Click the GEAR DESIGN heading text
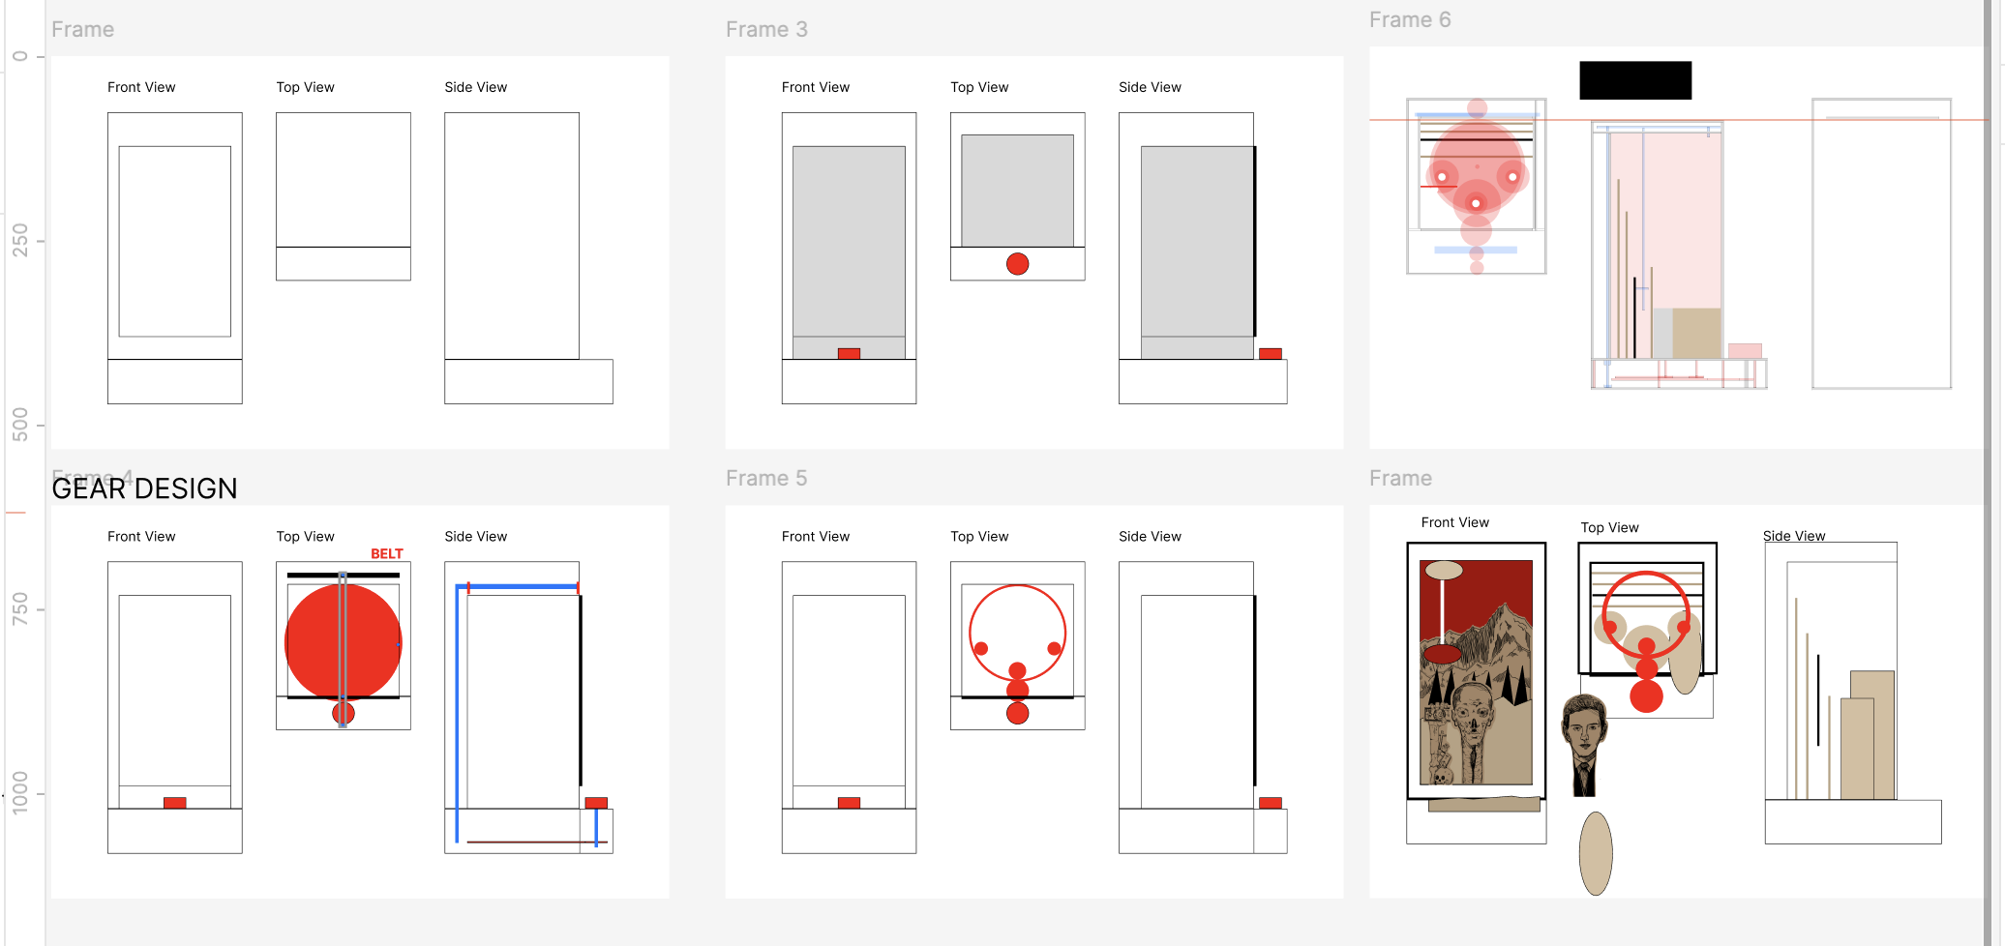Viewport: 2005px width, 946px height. pos(145,488)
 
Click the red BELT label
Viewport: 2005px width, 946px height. pos(387,554)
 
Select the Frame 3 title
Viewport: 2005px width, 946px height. pos(766,30)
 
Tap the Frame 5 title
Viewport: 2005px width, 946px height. pos(766,479)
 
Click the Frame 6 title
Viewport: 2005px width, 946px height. pos(1410,20)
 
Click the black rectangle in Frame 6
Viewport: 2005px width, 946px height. pos(1635,80)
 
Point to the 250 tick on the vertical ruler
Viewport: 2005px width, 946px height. pos(20,241)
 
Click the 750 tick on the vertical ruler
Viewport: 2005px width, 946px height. pos(20,609)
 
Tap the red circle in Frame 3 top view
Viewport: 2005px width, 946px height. pos(1017,264)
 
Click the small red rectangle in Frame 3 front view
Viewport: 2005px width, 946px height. pos(849,354)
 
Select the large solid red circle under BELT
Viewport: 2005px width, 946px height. pos(343,642)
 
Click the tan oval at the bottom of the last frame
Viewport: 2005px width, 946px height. pos(1596,853)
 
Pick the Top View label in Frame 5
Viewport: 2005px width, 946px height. pos(979,537)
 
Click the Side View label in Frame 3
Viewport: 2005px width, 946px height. pos(1150,87)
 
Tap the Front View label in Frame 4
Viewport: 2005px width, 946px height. pos(141,537)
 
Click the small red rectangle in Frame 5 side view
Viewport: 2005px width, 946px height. pos(1271,803)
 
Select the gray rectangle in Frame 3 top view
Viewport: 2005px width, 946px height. pos(1017,191)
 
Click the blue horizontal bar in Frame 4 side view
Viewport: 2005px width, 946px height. pos(518,586)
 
